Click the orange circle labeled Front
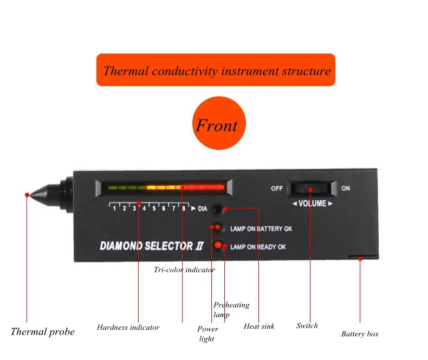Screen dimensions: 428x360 click(x=219, y=123)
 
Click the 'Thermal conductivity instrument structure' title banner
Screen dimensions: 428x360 click(x=216, y=70)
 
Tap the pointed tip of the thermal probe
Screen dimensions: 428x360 click(x=30, y=195)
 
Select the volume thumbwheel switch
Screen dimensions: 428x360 click(x=310, y=188)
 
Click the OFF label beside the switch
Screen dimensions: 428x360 click(x=277, y=188)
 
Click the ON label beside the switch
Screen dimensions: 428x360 click(x=346, y=188)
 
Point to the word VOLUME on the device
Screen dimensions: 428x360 click(x=312, y=204)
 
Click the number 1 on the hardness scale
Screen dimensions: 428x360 click(x=114, y=208)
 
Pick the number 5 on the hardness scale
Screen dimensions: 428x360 click(x=154, y=208)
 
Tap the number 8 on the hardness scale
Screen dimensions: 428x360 click(x=184, y=208)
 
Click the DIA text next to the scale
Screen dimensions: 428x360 click(x=203, y=209)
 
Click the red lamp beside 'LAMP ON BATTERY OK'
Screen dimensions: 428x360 click(x=218, y=227)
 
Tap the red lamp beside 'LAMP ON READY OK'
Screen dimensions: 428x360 click(x=218, y=245)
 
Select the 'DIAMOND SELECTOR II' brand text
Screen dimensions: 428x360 click(x=152, y=246)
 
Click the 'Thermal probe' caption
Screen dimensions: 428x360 click(x=43, y=332)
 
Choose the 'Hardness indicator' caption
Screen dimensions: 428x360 click(x=128, y=328)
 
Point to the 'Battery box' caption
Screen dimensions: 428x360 click(x=360, y=334)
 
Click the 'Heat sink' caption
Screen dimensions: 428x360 click(x=259, y=326)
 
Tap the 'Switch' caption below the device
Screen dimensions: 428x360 click(x=307, y=325)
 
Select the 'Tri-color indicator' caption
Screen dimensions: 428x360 click(x=184, y=270)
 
